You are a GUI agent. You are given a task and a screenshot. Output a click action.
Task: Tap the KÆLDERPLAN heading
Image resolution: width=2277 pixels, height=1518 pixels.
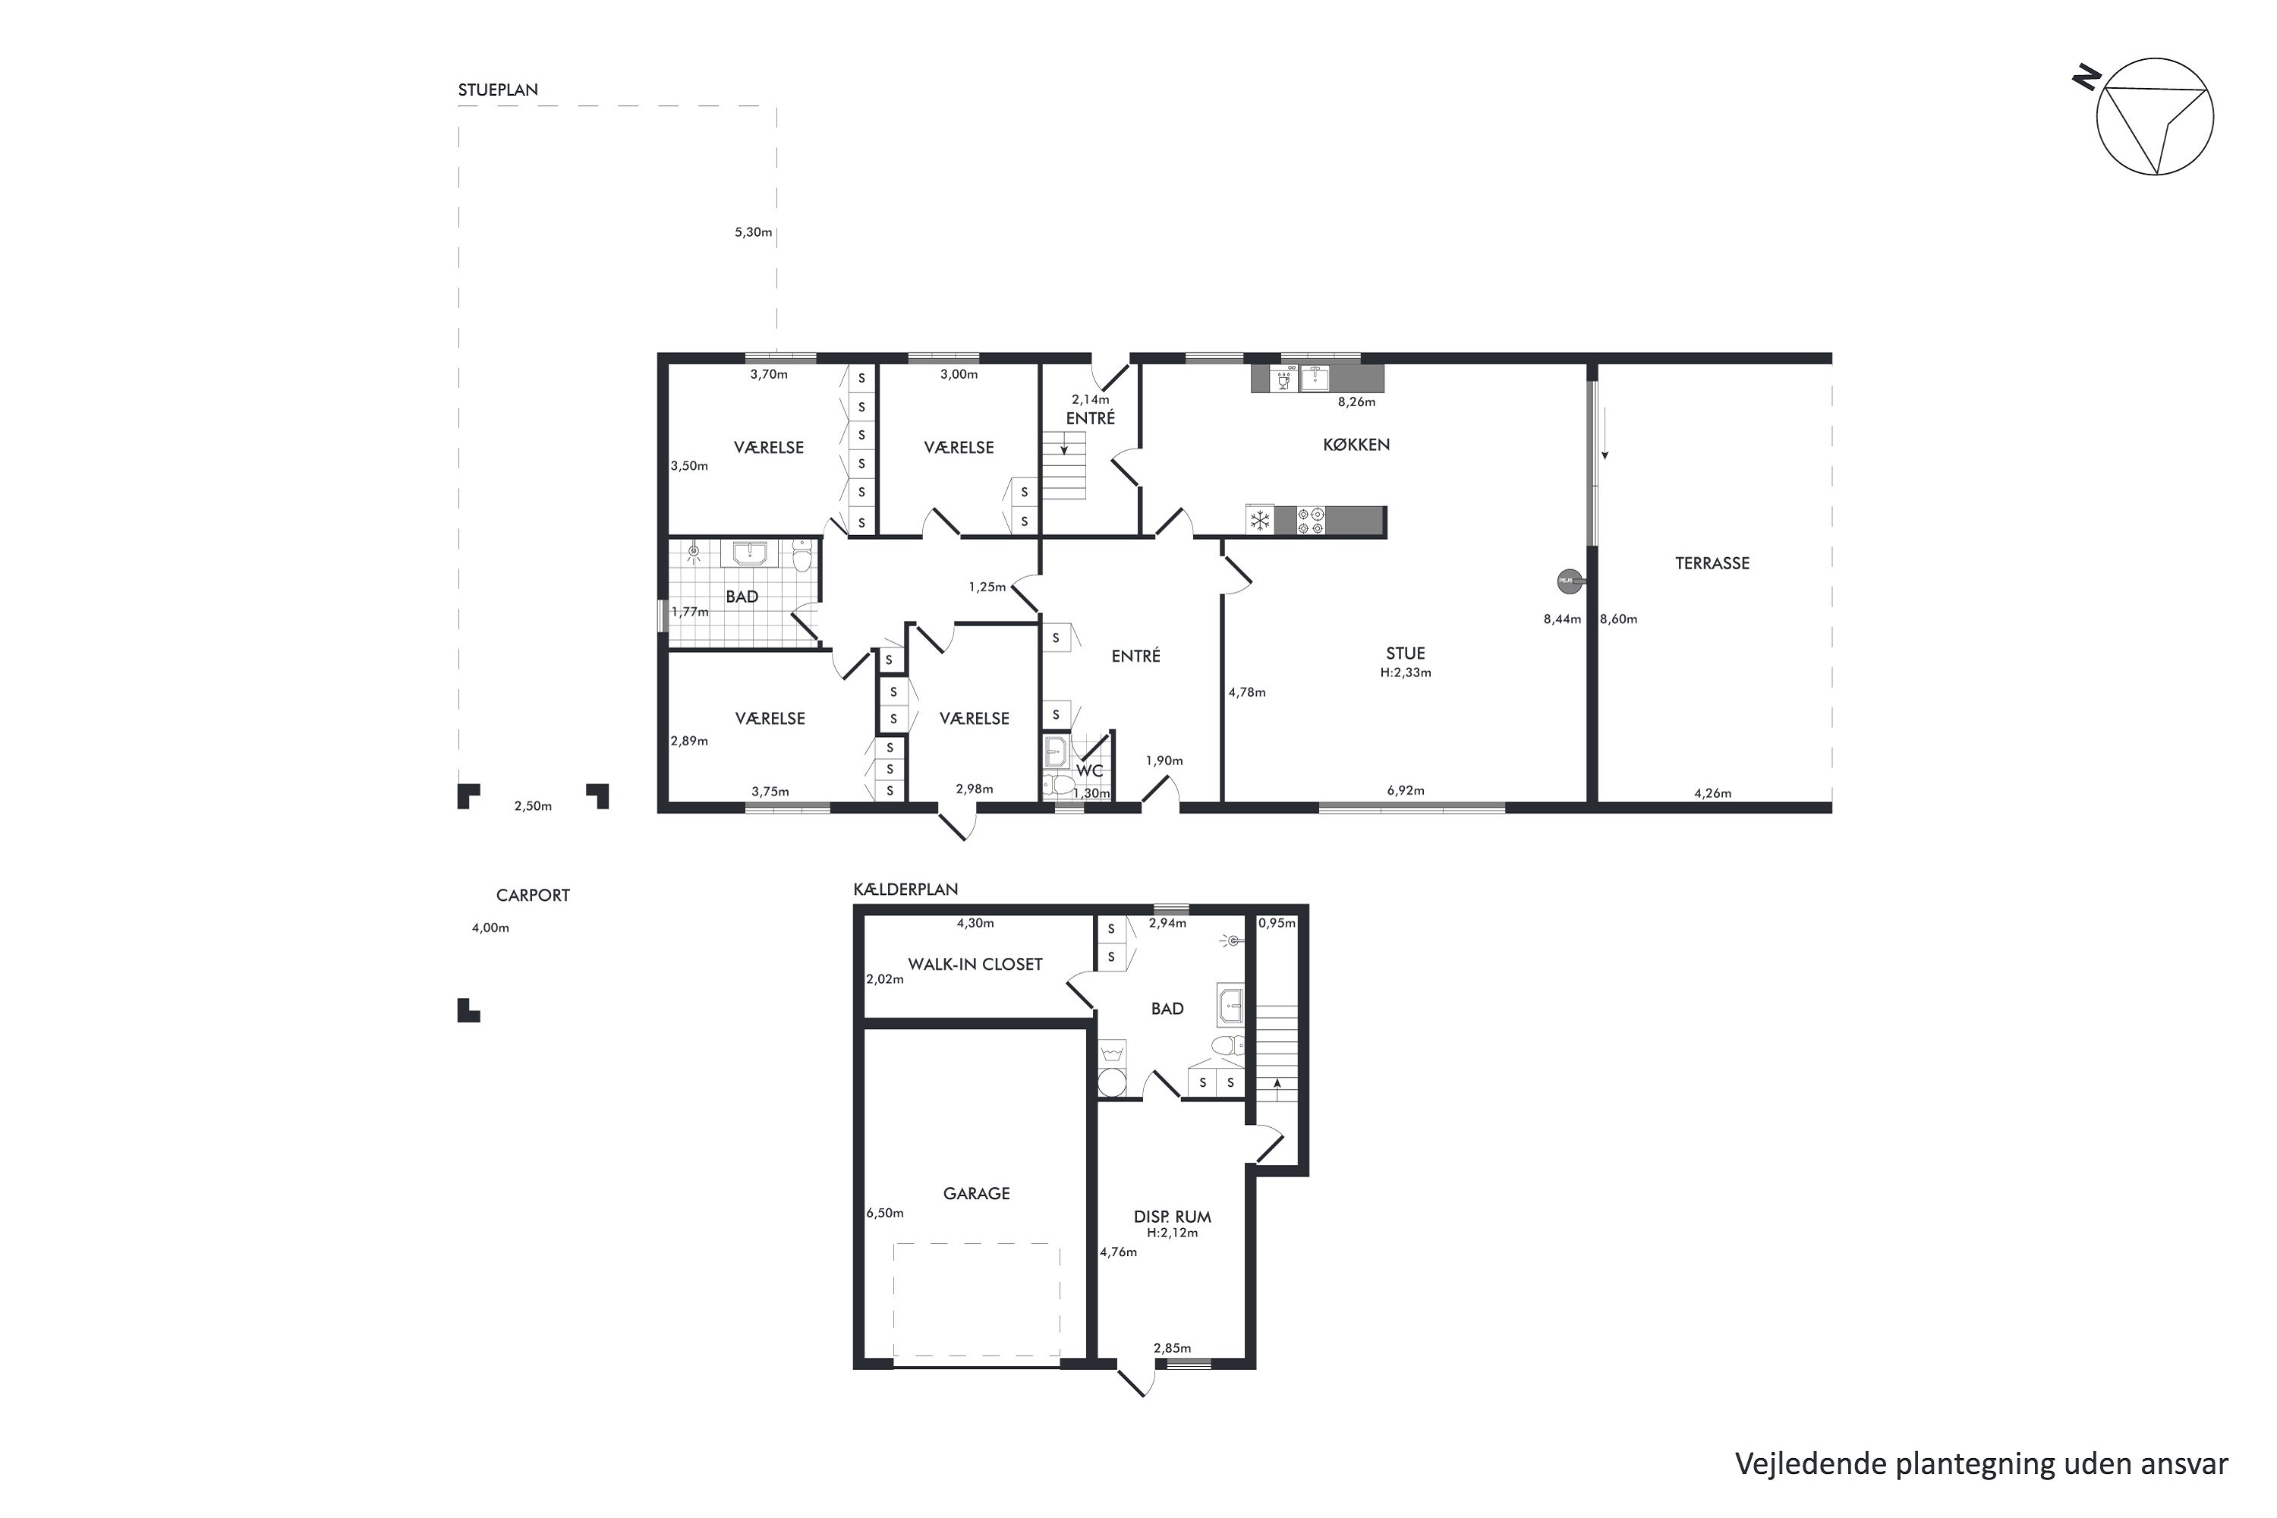pyautogui.click(x=905, y=890)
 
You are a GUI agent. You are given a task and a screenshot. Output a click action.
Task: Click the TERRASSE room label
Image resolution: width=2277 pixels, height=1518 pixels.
pyautogui.click(x=1712, y=563)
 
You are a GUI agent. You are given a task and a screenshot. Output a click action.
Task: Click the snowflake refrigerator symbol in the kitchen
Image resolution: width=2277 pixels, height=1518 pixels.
pyautogui.click(x=1259, y=521)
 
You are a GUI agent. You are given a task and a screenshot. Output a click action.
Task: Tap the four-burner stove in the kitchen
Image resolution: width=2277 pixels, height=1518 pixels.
pyautogui.click(x=1310, y=521)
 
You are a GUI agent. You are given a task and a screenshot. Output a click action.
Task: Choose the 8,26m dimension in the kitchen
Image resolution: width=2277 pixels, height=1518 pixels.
pyautogui.click(x=1356, y=402)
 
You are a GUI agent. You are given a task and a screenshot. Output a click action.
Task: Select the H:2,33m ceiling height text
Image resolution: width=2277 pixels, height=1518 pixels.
pyautogui.click(x=1406, y=672)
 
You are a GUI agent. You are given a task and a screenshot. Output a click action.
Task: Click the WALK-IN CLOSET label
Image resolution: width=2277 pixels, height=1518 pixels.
pyautogui.click(x=975, y=964)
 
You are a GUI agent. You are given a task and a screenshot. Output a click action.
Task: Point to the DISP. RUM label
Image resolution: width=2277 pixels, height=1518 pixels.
pyautogui.click(x=1173, y=1217)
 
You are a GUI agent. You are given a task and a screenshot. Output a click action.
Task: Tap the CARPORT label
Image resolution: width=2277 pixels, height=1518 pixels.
pyautogui.click(x=533, y=896)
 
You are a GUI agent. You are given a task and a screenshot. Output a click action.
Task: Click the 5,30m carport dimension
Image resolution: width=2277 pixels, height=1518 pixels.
pyautogui.click(x=753, y=232)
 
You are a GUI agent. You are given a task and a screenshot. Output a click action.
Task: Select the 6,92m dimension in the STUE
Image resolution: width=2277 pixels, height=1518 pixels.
pyautogui.click(x=1406, y=791)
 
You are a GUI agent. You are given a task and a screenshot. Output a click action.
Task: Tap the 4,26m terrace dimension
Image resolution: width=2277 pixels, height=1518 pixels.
pyautogui.click(x=1712, y=794)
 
